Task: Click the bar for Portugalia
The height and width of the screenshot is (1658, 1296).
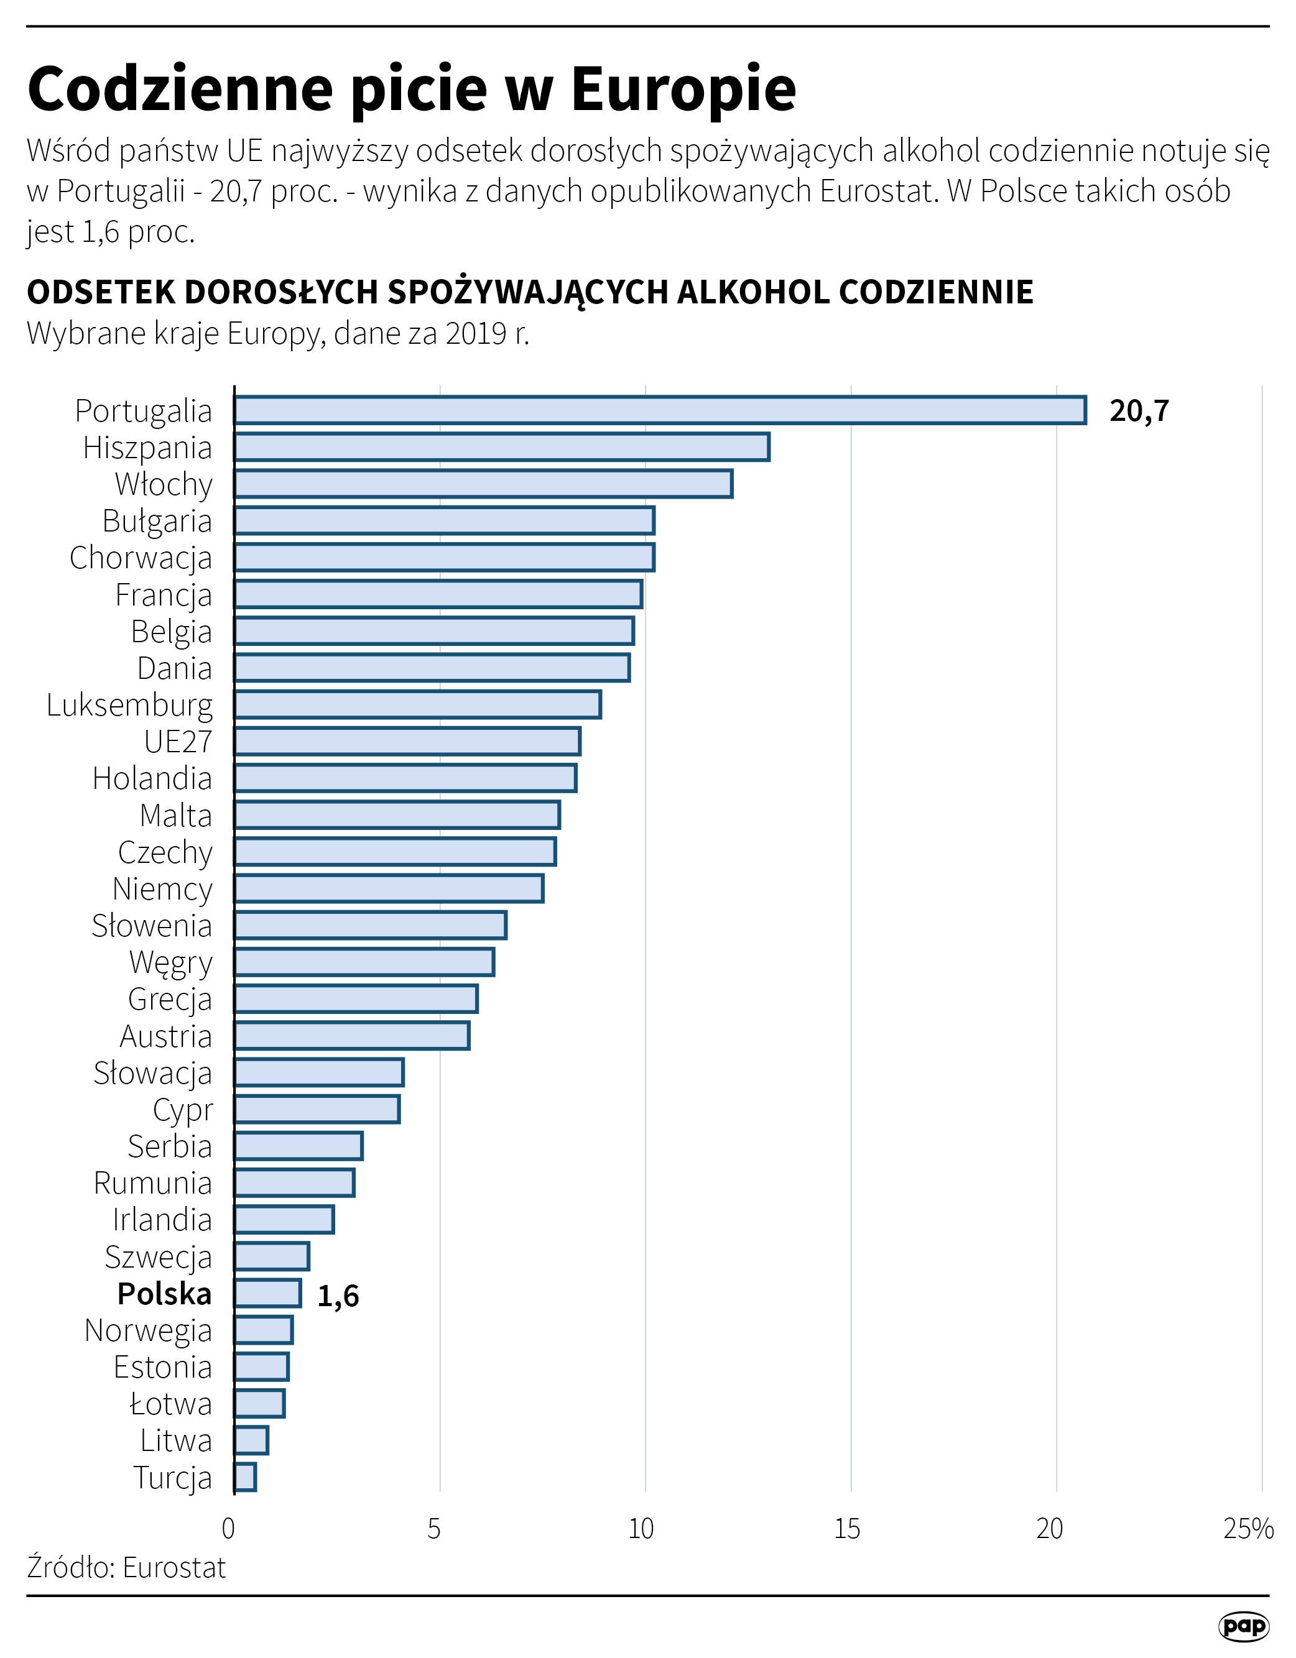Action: click(659, 410)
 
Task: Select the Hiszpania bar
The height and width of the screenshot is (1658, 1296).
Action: click(501, 447)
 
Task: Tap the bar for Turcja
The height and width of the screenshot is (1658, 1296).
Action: click(245, 1477)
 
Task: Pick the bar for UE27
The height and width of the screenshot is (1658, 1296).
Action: click(407, 741)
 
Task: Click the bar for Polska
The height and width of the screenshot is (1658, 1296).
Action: click(267, 1294)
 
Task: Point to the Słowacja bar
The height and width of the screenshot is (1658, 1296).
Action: click(319, 1072)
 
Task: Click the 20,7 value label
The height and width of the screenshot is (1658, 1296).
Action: click(1139, 411)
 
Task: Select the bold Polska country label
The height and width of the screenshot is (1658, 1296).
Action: click(164, 1294)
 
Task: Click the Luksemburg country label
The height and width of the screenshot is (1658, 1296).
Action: click(129, 705)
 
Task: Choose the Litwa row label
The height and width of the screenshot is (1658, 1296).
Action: click(175, 1441)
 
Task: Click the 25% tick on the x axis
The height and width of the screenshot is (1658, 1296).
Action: click(1247, 1528)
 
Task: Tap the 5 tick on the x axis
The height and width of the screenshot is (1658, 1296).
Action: click(433, 1528)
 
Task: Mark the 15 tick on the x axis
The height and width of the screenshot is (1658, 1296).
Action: click(846, 1528)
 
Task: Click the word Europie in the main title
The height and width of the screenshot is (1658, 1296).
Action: click(683, 90)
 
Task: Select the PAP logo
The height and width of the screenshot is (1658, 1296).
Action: click(1244, 1624)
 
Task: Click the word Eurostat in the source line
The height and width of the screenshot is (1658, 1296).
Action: click(174, 1567)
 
